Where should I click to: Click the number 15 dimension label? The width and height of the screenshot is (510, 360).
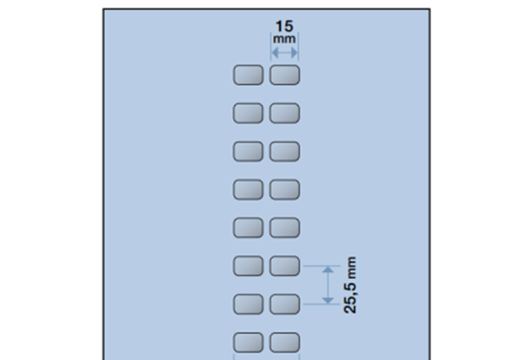[x=284, y=27]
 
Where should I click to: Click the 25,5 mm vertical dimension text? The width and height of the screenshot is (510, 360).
[x=351, y=285]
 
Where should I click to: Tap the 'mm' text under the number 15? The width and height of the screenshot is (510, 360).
[x=284, y=39]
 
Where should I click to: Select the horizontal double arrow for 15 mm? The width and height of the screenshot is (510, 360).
[x=284, y=50]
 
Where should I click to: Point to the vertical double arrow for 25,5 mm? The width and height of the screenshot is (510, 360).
[x=328, y=285]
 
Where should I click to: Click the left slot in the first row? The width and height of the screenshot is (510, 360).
[x=248, y=75]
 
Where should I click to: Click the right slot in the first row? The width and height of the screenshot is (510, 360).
[x=284, y=75]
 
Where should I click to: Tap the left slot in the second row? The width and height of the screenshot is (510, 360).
[x=248, y=114]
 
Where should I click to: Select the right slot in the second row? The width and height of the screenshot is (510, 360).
[x=284, y=114]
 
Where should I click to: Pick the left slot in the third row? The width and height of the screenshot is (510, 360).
[x=248, y=151]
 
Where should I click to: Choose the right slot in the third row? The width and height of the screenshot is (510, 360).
[x=284, y=151]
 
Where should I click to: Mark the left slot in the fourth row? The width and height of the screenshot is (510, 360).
[x=248, y=190]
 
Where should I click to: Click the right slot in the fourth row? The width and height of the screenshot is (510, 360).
[x=284, y=190]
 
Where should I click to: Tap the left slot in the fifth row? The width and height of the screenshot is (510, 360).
[x=248, y=228]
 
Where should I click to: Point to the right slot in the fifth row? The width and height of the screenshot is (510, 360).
[x=284, y=228]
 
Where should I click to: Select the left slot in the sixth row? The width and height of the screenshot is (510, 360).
[x=248, y=266]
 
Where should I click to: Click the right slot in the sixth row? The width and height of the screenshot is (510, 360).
[x=284, y=266]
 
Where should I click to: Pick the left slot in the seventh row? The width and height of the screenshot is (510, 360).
[x=248, y=304]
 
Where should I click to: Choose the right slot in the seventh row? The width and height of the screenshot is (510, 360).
[x=284, y=304]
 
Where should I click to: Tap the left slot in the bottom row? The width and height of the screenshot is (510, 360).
[x=248, y=343]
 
